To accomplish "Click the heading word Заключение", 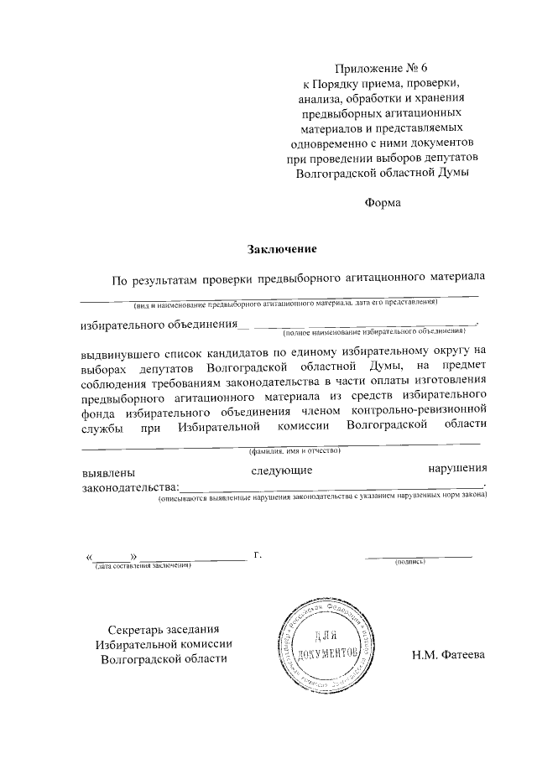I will (280, 248).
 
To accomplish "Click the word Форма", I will (382, 202).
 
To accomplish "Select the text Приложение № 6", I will (382, 69).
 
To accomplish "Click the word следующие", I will (282, 471).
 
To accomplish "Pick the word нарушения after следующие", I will (456, 468).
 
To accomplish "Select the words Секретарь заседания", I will (164, 629).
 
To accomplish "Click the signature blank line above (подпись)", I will (419, 555).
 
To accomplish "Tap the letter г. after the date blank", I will (258, 554).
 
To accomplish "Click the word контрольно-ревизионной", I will (420, 411).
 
